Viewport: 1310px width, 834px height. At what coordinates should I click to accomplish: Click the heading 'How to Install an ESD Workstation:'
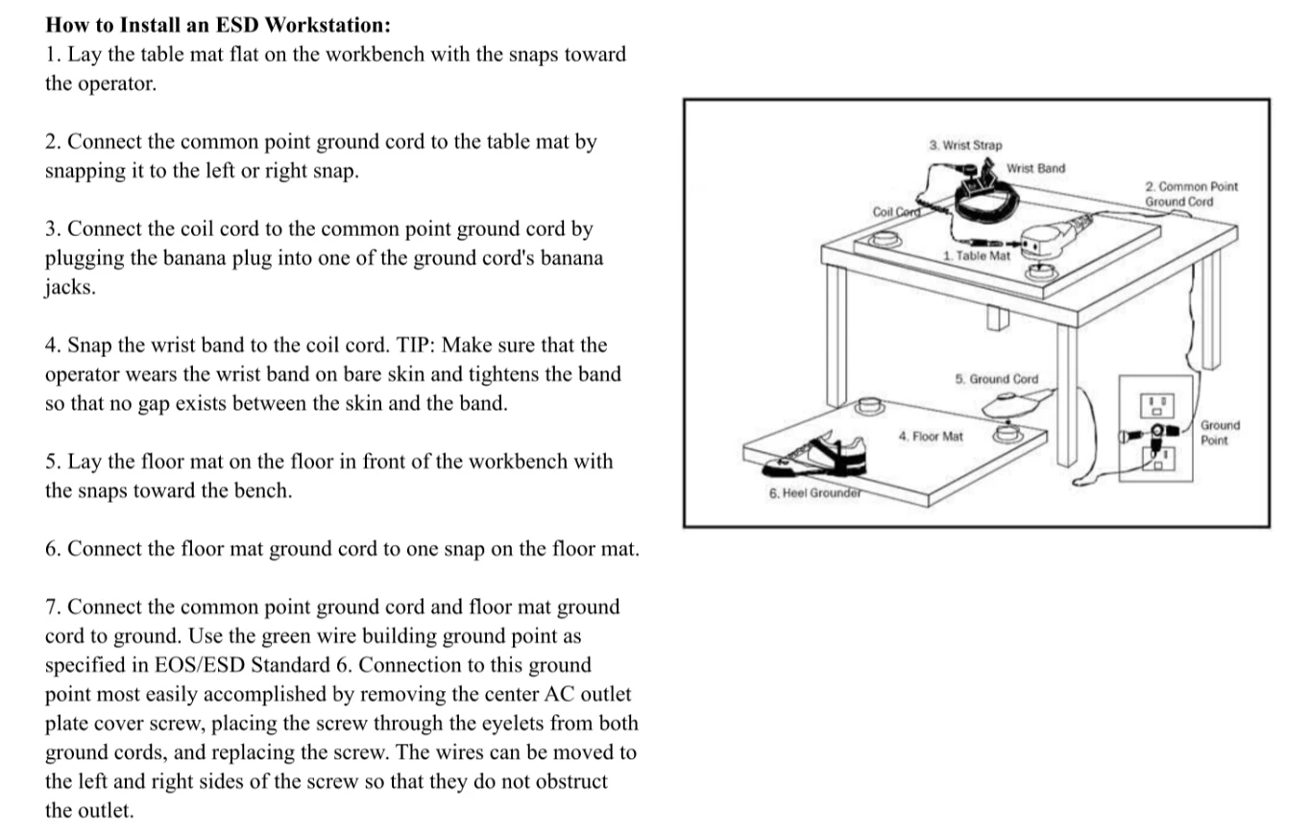pos(218,25)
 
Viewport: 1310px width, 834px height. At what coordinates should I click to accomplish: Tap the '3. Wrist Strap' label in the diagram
pos(965,145)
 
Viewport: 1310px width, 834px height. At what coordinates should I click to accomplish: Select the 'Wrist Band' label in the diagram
pos(1035,168)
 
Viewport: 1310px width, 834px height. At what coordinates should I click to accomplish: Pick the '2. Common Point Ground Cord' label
pos(1191,194)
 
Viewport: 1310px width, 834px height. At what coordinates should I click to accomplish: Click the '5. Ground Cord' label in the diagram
pos(996,379)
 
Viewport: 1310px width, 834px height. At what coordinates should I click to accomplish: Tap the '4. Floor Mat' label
pos(930,437)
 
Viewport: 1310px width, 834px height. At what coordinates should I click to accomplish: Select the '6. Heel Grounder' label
pos(813,493)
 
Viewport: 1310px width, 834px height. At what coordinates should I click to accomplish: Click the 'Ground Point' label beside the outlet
pos(1220,432)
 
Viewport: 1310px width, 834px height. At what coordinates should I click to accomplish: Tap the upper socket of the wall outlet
pos(1156,404)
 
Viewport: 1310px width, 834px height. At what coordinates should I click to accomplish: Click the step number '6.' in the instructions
pos(53,549)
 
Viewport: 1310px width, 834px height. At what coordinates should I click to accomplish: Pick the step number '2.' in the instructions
pos(53,142)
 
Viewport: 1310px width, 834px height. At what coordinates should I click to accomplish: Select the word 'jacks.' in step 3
pos(70,287)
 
